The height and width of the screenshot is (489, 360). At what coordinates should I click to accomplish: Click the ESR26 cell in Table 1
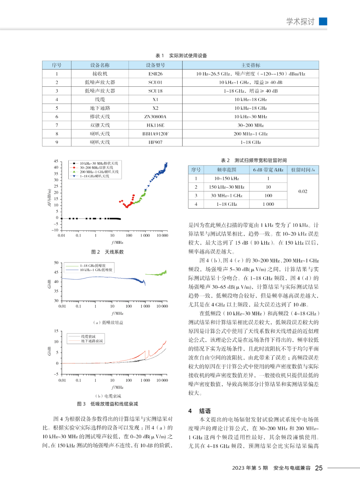(155, 74)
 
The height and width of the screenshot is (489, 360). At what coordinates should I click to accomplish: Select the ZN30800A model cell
(155, 117)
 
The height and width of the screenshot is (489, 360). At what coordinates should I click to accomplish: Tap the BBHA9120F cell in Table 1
(155, 134)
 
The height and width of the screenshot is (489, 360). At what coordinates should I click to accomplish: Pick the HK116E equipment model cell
(155, 125)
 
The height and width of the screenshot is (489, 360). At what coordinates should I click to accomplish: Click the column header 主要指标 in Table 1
(251, 65)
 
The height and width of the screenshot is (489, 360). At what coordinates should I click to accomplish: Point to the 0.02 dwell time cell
(303, 191)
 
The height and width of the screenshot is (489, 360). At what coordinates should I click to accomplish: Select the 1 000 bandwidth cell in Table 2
(268, 204)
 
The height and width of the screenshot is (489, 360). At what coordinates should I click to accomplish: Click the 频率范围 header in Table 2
(227, 170)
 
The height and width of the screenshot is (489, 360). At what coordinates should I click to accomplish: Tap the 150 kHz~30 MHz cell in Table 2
(227, 187)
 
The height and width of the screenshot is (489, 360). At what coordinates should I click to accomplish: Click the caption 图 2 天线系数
(107, 252)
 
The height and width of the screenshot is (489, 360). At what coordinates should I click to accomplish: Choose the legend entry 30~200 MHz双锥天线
(96, 168)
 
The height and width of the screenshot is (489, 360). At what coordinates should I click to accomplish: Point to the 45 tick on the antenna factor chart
(56, 161)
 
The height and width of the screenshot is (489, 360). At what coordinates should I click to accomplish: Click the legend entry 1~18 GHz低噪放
(93, 266)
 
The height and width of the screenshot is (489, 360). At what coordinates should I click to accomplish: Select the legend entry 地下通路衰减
(92, 341)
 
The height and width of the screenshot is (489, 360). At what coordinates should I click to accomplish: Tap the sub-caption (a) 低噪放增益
(108, 323)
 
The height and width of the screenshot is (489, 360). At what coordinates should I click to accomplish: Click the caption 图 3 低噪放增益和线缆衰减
(107, 404)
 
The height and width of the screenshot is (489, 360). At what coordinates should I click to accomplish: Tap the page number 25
(319, 468)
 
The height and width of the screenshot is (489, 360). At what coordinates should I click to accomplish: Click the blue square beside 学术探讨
(323, 21)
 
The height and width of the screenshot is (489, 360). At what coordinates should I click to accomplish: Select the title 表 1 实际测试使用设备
(181, 56)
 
